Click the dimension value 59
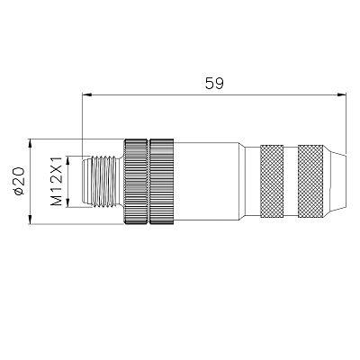coord(214,83)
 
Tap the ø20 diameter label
coord(19,181)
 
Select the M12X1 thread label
coord(56,181)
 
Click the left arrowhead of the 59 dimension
coord(86,95)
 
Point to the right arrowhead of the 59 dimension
coord(342,95)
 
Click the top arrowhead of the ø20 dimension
coord(30,143)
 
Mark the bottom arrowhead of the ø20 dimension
coord(30,220)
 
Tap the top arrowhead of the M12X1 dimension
coord(68,160)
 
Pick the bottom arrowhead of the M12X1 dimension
coord(68,202)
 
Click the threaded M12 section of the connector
coord(106,182)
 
